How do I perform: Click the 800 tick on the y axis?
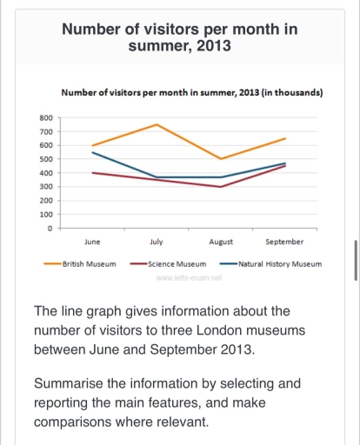[x=47, y=117]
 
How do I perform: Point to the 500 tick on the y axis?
[x=47, y=159]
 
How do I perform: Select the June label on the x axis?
[x=92, y=242]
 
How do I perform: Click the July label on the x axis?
[x=157, y=242]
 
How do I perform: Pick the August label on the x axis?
[x=221, y=242]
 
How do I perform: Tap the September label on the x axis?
[x=284, y=242]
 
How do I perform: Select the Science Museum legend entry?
[x=177, y=263]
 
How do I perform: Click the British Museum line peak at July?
[x=157, y=124]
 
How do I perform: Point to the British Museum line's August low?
[x=221, y=159]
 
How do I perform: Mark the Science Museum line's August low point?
[x=221, y=187]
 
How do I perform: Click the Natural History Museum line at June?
[x=92, y=152]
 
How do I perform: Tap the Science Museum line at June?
[x=92, y=173]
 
